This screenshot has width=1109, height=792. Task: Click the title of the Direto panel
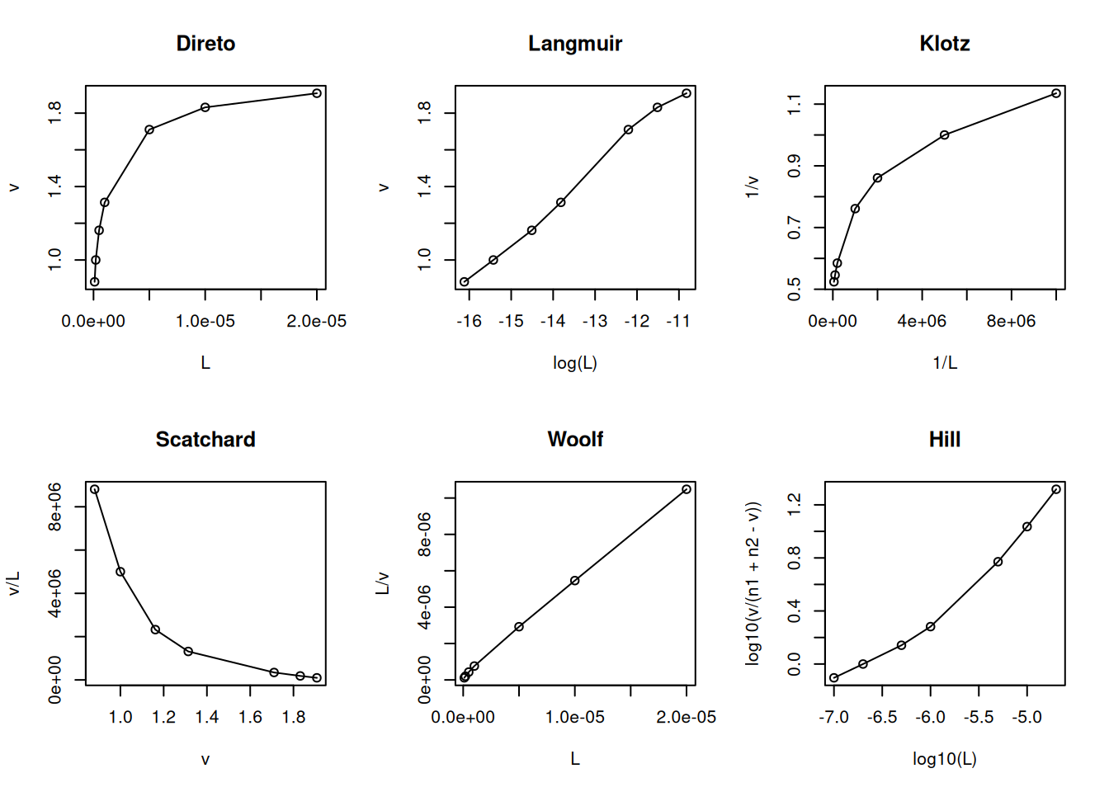[205, 44]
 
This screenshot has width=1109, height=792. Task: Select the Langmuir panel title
[575, 44]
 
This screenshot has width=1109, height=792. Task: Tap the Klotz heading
[944, 44]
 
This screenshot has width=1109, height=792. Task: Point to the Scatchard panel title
[205, 440]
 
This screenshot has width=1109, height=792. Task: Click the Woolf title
[575, 440]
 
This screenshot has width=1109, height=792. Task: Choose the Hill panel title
[944, 440]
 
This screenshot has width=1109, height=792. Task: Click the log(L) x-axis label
[575, 363]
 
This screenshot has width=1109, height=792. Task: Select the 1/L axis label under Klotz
[945, 363]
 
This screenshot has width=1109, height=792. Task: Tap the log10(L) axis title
[944, 759]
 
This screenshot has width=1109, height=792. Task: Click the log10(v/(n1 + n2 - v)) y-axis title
[753, 583]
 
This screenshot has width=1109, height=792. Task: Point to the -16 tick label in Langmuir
[469, 322]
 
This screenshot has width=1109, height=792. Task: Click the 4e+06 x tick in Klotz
[922, 322]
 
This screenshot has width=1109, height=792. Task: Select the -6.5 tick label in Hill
[882, 718]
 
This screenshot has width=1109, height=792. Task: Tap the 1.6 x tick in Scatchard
[250, 718]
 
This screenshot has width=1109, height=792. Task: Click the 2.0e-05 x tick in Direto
[316, 322]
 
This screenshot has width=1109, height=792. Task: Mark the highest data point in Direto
[317, 93]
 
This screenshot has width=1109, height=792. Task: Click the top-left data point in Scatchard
[95, 489]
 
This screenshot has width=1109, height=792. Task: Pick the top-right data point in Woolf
[687, 489]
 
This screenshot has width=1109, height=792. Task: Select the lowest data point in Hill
[834, 678]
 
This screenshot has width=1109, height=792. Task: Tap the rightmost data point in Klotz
[1056, 93]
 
